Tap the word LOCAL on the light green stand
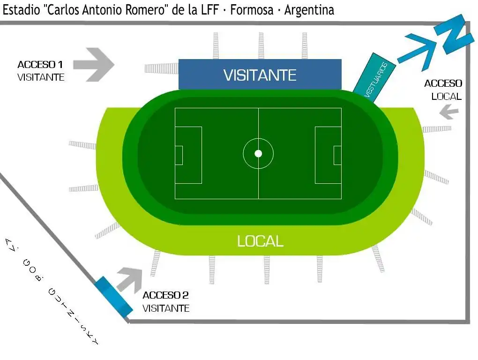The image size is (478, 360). tap(260, 241)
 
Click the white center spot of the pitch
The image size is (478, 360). tap(258, 153)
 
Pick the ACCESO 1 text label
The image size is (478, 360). tap(40, 65)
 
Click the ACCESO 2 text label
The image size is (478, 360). tap(165, 295)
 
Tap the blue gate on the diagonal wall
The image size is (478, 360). tap(112, 296)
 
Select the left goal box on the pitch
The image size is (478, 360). tap(179, 155)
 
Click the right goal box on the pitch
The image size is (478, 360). tap(337, 155)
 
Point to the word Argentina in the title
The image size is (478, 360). tap(309, 10)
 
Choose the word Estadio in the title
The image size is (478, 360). tap(20, 10)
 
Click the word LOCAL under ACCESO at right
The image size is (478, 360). tap(446, 97)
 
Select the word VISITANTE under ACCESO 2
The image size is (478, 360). tap(166, 308)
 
